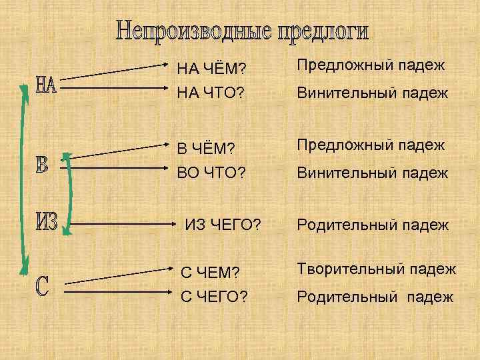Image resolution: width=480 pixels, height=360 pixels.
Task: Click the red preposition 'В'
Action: [42, 163]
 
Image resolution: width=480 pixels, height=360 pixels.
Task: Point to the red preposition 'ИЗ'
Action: [47, 222]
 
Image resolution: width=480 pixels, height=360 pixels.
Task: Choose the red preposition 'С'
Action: [41, 286]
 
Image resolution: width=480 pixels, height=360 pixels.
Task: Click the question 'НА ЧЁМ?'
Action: [212, 69]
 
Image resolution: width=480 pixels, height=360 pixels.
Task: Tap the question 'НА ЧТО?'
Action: [211, 95]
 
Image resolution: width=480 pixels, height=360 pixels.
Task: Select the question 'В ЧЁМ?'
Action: [207, 148]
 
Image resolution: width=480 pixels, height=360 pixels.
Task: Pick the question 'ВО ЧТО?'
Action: [211, 175]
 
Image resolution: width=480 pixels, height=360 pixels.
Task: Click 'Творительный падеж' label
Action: [377, 269]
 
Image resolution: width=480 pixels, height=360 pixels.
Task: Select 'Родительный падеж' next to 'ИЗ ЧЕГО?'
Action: [373, 225]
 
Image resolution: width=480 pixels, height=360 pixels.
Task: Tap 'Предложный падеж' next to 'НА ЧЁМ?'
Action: [371, 65]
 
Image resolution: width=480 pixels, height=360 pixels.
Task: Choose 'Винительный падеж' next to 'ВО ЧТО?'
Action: [373, 173]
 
